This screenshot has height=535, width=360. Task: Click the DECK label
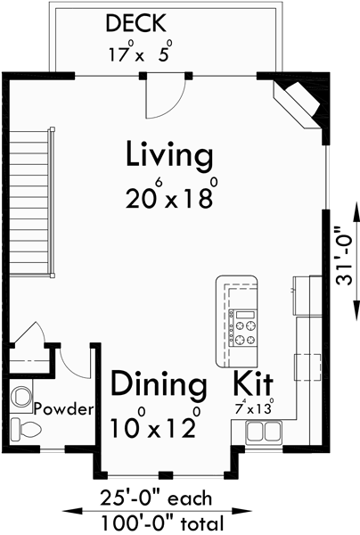coord(138,21)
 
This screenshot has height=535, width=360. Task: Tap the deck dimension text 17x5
coord(139,53)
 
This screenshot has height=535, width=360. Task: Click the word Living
coord(169,154)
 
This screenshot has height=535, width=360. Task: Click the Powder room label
coord(64,409)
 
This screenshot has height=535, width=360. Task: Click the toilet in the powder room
coord(26,430)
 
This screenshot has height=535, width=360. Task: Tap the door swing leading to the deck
coord(166,98)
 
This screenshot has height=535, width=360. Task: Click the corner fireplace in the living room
coord(299,103)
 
